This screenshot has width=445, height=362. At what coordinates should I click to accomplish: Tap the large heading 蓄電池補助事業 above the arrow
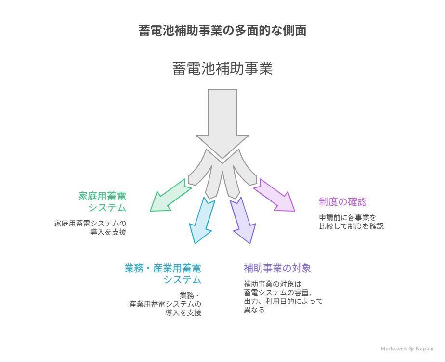click(x=222, y=69)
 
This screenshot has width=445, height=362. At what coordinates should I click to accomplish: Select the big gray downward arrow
click(x=222, y=122)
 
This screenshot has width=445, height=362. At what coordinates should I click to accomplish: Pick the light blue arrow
click(x=202, y=220)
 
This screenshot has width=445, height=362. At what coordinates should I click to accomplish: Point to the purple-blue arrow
click(x=243, y=220)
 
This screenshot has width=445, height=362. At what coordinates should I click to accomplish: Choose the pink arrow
click(x=275, y=196)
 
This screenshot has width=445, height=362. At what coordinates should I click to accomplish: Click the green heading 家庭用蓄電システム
click(x=102, y=202)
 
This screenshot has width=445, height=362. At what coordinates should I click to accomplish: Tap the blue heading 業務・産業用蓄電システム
click(x=163, y=274)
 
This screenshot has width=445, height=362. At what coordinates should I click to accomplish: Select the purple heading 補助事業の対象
click(x=277, y=268)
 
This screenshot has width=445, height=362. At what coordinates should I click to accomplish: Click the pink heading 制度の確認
click(x=343, y=202)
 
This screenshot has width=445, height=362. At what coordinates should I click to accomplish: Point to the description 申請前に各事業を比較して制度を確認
click(x=352, y=222)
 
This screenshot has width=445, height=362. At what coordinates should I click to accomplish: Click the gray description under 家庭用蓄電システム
click(x=90, y=227)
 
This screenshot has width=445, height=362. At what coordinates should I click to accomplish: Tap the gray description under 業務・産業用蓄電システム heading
click(x=165, y=304)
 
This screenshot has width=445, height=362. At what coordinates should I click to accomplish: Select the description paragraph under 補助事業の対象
click(x=283, y=297)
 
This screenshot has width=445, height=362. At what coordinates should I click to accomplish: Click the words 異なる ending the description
click(x=254, y=310)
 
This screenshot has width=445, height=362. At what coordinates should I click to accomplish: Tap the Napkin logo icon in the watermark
click(x=411, y=349)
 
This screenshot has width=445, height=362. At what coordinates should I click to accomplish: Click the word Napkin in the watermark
click(x=425, y=349)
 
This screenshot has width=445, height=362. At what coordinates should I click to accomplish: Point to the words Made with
click(x=394, y=349)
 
